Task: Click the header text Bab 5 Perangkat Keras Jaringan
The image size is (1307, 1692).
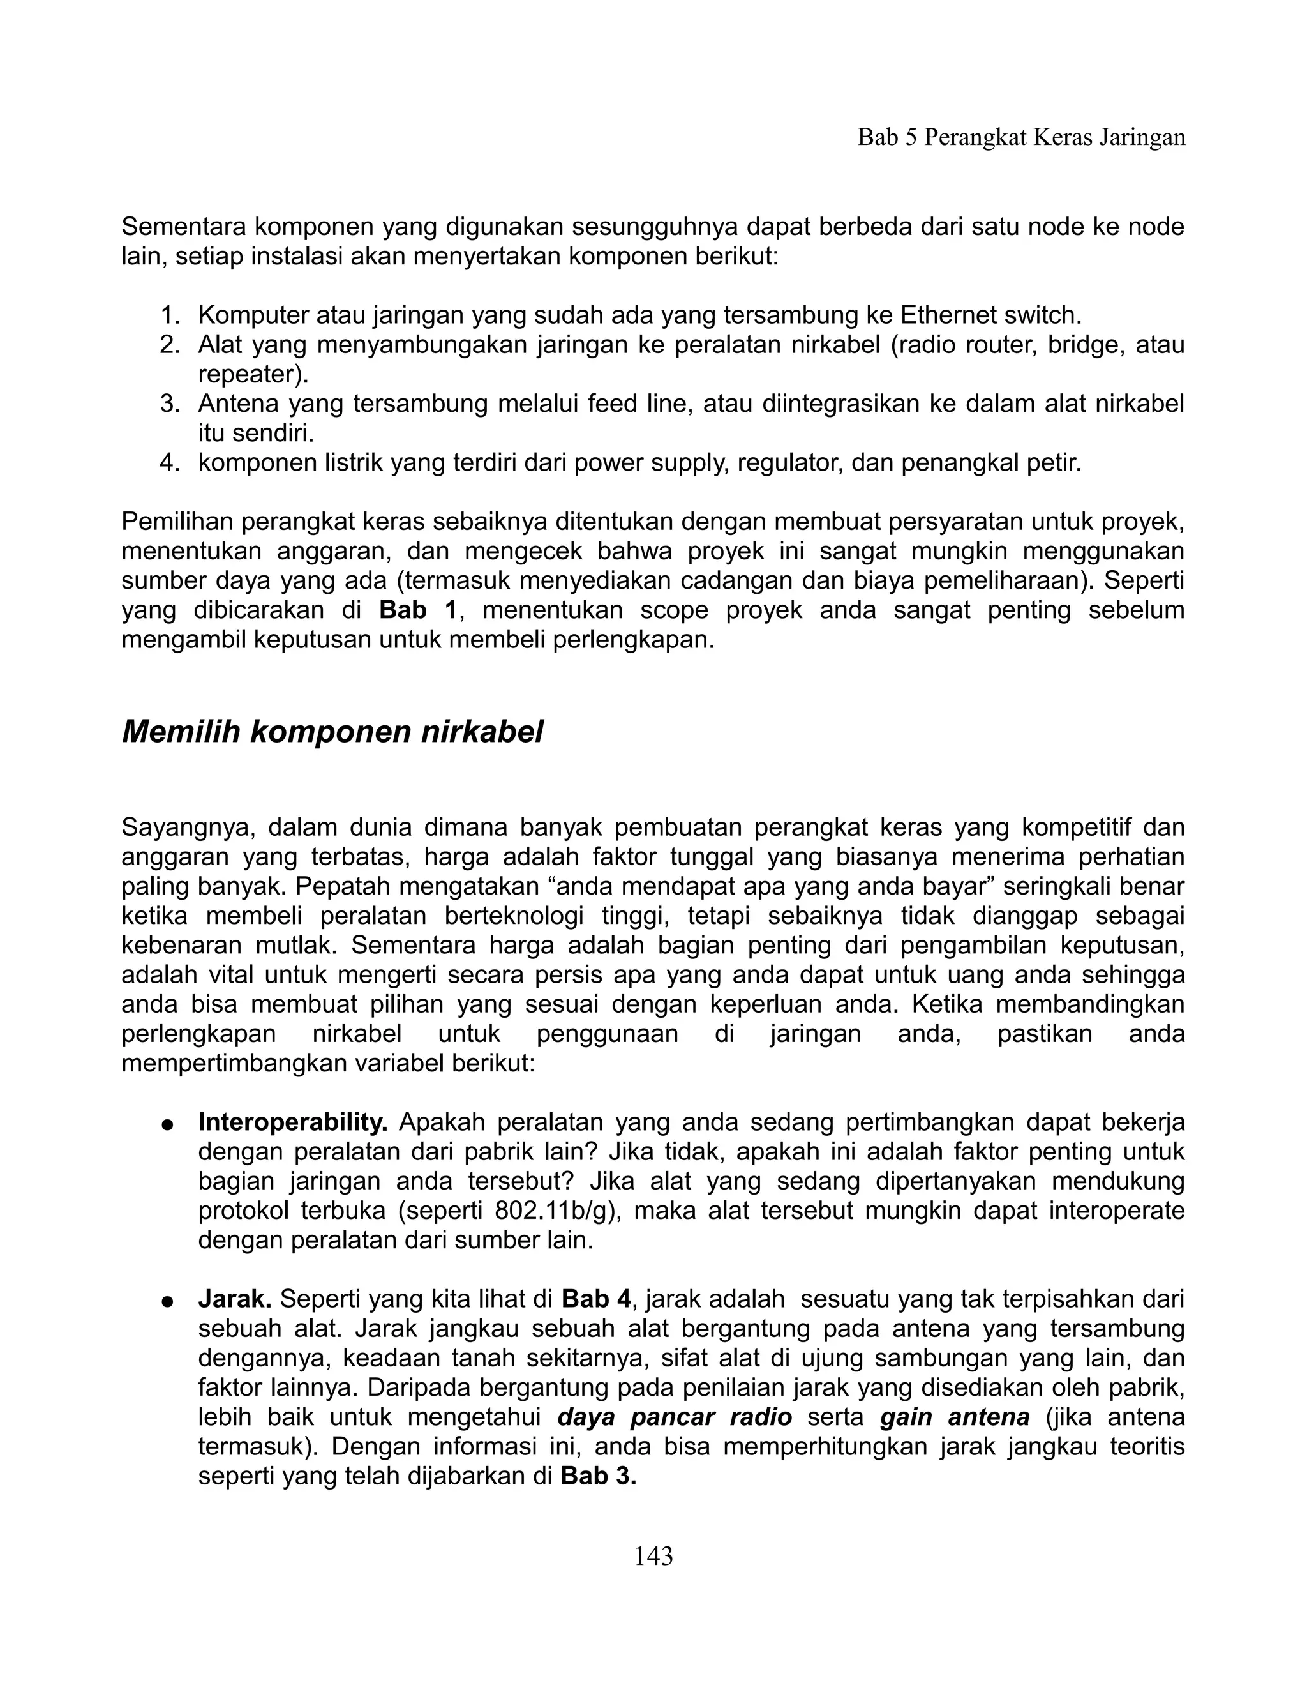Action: (x=1020, y=138)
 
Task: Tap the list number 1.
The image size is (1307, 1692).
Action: (x=168, y=315)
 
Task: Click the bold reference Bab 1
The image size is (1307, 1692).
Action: (x=418, y=610)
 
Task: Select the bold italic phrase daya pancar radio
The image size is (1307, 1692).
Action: (x=675, y=1417)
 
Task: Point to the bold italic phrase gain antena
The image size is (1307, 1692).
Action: (x=954, y=1417)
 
